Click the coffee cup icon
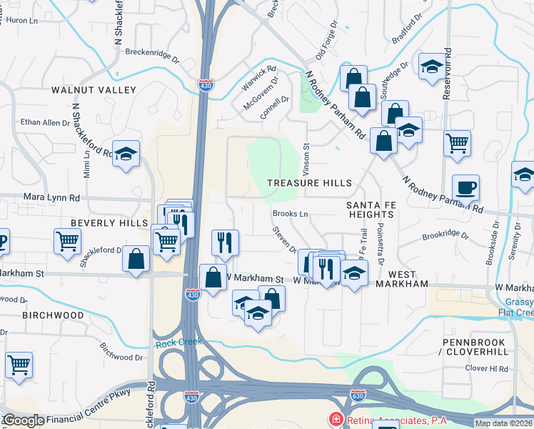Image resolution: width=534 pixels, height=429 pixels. pos(465,188)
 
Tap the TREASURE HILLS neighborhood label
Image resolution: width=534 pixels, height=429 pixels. pos(310,183)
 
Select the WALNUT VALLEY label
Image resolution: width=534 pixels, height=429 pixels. pos(94,90)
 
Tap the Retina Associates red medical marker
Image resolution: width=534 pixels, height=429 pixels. pos(334,419)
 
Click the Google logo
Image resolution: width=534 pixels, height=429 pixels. pos(23,420)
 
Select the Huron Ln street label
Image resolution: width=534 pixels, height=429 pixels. pos(21,21)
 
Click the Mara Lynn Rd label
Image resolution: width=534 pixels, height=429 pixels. pos(54,197)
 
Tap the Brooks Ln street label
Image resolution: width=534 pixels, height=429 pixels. pos(290,214)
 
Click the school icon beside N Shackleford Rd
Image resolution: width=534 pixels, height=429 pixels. pos(126,154)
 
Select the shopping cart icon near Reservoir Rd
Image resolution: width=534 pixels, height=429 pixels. pos(457,142)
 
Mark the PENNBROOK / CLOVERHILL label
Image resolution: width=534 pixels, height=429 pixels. pos(475,347)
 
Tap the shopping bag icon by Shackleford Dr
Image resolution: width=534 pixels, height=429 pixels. pos(136,260)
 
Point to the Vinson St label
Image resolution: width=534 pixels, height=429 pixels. pos(307,154)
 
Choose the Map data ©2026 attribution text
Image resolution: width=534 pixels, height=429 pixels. pos(503,423)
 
